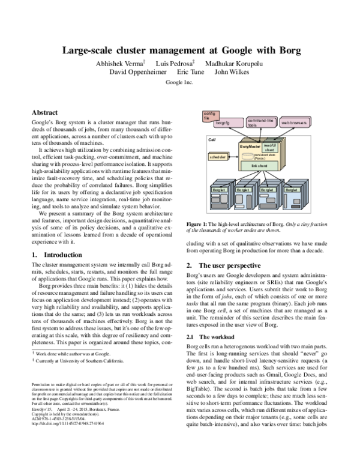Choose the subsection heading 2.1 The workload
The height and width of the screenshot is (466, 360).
pos(211,337)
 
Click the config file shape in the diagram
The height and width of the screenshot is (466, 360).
pos(208,115)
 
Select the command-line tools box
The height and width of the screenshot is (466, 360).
pos(262,123)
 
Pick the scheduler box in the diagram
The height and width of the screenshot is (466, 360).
pos(217,156)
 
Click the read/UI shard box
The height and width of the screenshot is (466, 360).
pos(269,147)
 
